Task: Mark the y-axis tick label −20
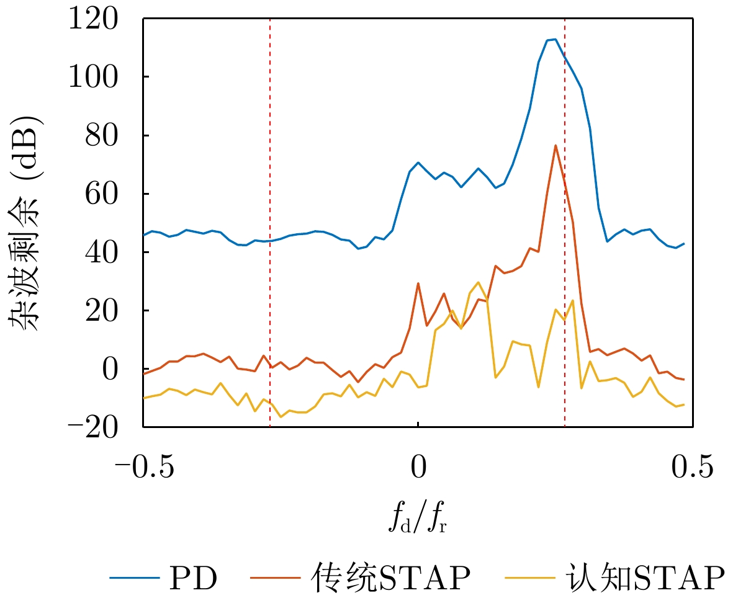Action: coord(99,427)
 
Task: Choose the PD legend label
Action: coord(192,578)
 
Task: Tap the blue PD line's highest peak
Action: coord(555,40)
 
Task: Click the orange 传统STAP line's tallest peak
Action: coord(555,146)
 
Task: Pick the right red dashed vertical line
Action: coord(565,248)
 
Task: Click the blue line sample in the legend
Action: coord(133,579)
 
